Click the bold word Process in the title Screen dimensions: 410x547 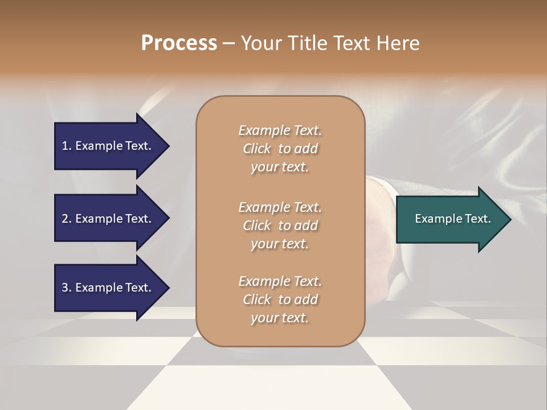pos(179,43)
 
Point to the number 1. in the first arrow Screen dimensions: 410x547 pos(67,146)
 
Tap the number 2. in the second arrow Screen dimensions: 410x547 pos(67,219)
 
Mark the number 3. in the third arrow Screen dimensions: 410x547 pos(67,288)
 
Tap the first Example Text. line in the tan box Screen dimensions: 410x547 pos(280,130)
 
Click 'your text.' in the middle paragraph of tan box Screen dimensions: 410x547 pos(280,244)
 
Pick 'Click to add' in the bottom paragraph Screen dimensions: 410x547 pos(280,300)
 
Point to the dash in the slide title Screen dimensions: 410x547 pos(228,43)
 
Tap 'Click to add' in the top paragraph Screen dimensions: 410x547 pos(280,149)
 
